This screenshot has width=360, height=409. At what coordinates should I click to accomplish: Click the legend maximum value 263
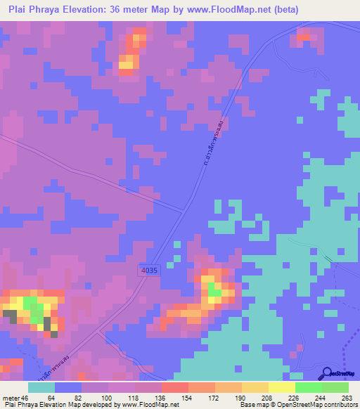[347, 398]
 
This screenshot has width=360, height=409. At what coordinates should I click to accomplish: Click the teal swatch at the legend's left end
[41, 387]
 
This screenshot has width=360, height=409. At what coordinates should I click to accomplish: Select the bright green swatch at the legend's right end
[335, 387]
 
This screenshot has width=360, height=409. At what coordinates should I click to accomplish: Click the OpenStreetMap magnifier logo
[326, 373]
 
